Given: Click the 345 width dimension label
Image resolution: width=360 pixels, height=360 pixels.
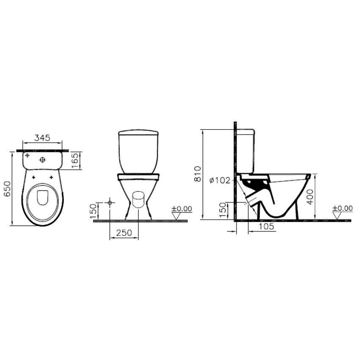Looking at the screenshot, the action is point(42,138).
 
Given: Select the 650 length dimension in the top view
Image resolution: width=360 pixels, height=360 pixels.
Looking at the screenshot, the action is point(7,189).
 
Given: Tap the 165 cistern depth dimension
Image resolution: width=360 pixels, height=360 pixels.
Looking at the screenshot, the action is point(75,161).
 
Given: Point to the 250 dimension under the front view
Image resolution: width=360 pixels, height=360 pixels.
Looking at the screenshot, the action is point(124,233).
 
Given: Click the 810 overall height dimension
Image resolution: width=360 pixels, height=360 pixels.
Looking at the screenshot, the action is point(198,174).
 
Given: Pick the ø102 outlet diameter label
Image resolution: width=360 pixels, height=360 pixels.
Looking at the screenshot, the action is point(220,180).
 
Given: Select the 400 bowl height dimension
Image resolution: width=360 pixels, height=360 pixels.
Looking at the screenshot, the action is point(310,197).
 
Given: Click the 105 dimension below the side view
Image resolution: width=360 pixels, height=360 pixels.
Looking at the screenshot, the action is point(266,227).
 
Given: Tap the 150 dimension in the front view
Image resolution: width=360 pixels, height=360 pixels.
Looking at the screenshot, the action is point(93,211).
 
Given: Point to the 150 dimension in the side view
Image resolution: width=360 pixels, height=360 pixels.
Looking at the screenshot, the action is point(223,210).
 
